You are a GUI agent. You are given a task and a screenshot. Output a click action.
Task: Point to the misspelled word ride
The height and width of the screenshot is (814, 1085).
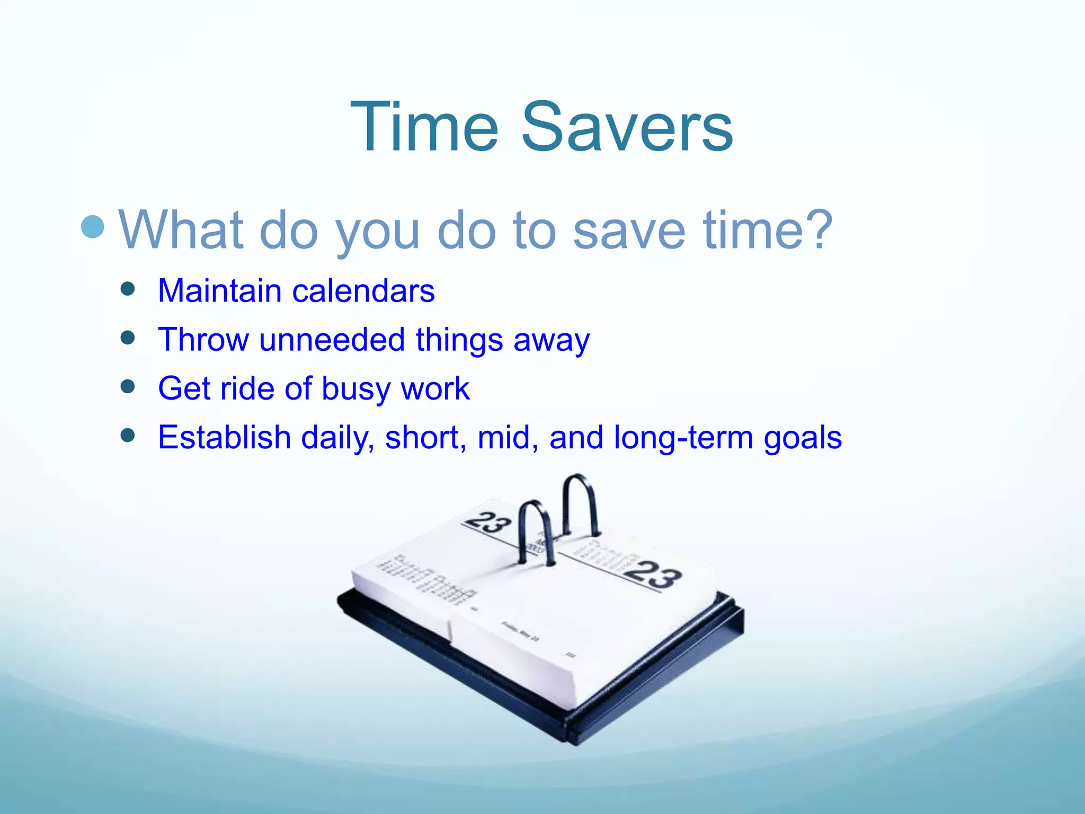click(247, 388)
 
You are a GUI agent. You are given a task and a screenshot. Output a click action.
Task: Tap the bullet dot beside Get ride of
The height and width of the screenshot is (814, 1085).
click(128, 386)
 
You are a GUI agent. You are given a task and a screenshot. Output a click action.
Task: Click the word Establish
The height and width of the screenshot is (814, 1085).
click(225, 437)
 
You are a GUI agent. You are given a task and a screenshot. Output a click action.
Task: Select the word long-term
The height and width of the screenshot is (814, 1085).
click(683, 438)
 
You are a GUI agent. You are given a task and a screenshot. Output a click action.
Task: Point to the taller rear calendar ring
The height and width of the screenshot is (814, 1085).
click(580, 501)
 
